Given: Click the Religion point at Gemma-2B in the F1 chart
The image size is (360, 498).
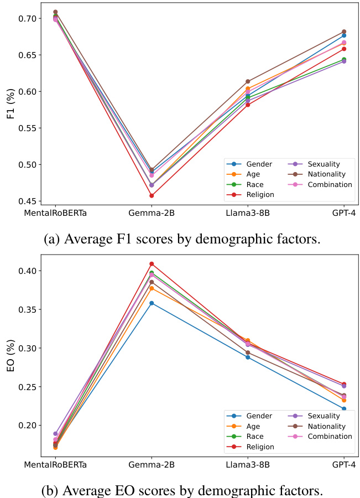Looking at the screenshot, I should pyautogui.click(x=152, y=195).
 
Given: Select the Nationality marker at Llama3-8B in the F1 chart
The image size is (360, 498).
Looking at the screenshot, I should pyautogui.click(x=248, y=81).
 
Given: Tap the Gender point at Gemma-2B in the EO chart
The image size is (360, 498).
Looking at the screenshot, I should pyautogui.click(x=152, y=303).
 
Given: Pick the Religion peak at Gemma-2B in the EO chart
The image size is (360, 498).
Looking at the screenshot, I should pyautogui.click(x=152, y=264).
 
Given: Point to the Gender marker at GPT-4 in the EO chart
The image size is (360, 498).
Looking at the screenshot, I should pyautogui.click(x=343, y=409).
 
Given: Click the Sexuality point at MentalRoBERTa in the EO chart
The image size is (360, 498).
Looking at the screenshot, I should pyautogui.click(x=55, y=434).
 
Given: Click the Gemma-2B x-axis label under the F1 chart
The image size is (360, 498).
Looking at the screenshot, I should pyautogui.click(x=152, y=214).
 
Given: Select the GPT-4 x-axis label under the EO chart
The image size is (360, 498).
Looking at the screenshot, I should pyautogui.click(x=343, y=465).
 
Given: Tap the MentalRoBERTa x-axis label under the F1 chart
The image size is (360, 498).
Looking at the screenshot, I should pyautogui.click(x=55, y=214).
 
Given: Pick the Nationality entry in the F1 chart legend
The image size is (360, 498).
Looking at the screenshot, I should pyautogui.click(x=326, y=174).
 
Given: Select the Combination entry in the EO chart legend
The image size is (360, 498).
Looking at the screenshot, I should pyautogui.click(x=329, y=436).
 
